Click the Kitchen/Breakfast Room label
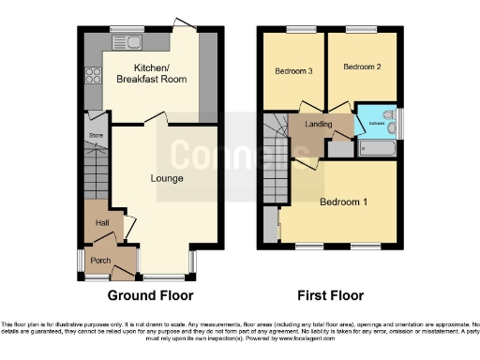pyautogui.click(x=151, y=75)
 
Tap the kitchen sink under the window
pyautogui.click(x=125, y=40)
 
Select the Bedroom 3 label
pyautogui.click(x=292, y=71)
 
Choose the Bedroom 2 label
pyautogui.click(x=359, y=67)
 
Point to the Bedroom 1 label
pyautogui.click(x=344, y=202)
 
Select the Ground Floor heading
pyautogui.click(x=150, y=295)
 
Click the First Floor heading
pyautogui.click(x=330, y=295)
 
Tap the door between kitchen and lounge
pyautogui.click(x=155, y=119)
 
